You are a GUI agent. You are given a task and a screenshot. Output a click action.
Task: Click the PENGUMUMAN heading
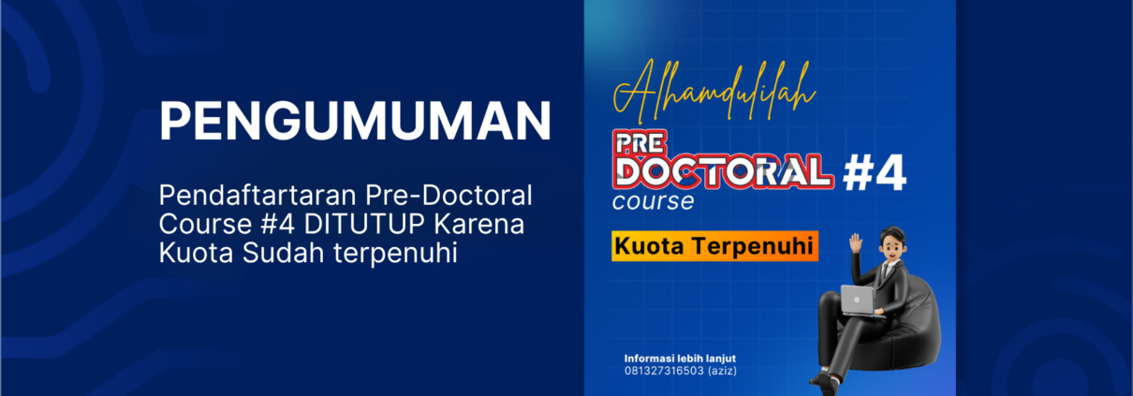[355, 121]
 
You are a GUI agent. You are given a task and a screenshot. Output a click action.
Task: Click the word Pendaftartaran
[257, 196]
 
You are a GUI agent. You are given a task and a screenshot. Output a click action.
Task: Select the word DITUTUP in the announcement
[364, 224]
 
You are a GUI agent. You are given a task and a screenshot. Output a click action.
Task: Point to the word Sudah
[283, 253]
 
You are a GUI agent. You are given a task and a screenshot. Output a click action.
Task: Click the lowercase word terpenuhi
[395, 254]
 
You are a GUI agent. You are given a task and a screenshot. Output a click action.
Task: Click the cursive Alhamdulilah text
[714, 92]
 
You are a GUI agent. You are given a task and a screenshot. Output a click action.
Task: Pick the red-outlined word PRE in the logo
[640, 143]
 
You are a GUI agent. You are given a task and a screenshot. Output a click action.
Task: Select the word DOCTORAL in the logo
[723, 172]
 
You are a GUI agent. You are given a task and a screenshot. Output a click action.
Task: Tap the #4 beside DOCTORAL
[874, 173]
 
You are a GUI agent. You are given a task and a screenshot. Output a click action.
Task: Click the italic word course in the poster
[653, 201]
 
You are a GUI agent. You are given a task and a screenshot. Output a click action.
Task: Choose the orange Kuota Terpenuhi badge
[714, 246]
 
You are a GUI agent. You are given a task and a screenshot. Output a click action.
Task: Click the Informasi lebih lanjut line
[680, 359]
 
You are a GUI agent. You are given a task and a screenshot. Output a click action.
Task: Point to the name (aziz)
[722, 371]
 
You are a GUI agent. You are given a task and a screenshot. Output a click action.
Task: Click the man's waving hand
[856, 243]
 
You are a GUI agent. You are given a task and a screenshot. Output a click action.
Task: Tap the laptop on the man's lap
[859, 301]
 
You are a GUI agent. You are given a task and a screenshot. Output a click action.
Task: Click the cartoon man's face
[890, 247]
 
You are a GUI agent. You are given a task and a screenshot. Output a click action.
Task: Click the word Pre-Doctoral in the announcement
[449, 196]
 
